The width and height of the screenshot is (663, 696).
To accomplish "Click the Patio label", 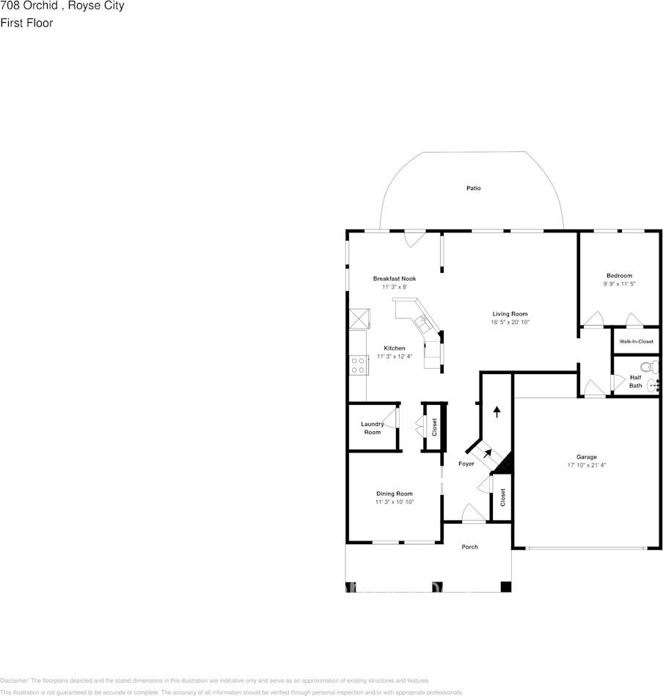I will [474, 188].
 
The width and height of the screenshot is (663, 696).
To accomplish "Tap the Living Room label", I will [510, 314].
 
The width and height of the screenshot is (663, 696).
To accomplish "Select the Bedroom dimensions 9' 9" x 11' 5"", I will [618, 284].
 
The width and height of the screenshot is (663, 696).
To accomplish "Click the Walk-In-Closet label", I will [636, 342].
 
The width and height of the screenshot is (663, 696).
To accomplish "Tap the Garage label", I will [586, 457].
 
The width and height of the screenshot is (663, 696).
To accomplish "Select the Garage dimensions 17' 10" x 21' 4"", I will [586, 465].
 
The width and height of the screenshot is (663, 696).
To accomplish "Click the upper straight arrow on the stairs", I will [497, 411].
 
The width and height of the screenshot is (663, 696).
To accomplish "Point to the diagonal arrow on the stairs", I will [488, 454].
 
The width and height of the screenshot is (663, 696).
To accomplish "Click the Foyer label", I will [466, 464].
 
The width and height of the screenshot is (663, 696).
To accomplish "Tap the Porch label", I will [469, 547].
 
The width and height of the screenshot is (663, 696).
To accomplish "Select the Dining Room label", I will [395, 494].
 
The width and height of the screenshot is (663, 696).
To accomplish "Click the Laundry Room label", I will [373, 428].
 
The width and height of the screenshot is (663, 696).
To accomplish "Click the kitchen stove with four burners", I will [359, 365].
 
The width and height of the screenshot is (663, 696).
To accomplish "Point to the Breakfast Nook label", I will [395, 279].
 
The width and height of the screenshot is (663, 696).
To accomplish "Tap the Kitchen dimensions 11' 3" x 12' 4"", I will [395, 356].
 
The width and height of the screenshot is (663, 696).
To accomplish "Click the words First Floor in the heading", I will [26, 23].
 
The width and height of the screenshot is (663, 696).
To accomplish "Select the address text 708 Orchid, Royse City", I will [62, 6].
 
